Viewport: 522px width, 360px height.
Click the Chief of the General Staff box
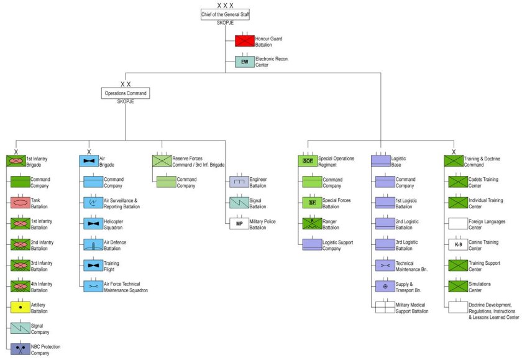(x=225, y=14)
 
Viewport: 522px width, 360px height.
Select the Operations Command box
(x=126, y=93)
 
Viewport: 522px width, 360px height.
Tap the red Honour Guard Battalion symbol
(x=245, y=42)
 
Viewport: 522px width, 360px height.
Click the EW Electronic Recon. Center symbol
(x=245, y=62)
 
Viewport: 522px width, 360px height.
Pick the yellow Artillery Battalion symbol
(x=21, y=307)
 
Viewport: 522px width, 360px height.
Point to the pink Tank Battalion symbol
(x=21, y=202)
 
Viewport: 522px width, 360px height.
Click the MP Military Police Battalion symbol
(x=239, y=224)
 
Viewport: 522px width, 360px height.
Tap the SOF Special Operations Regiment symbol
(x=308, y=161)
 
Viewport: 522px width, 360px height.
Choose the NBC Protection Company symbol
(x=21, y=349)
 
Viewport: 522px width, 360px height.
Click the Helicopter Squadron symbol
(x=93, y=223)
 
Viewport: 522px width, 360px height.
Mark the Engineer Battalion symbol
(x=239, y=182)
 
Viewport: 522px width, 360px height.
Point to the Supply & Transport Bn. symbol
(x=385, y=287)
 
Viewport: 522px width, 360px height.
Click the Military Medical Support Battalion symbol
(x=385, y=307)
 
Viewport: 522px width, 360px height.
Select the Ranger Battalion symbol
(x=312, y=223)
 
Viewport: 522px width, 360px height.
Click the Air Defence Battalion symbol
(x=93, y=244)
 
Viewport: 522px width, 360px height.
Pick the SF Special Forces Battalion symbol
(x=312, y=202)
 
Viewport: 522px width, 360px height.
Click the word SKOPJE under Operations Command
(x=126, y=102)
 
